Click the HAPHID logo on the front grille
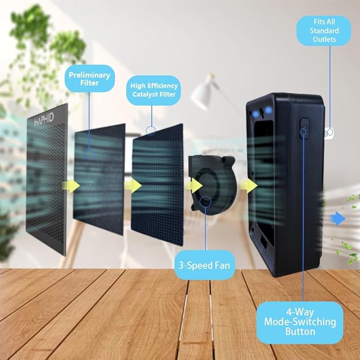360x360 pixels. point(44,119)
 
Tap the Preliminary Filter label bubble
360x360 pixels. point(90,78)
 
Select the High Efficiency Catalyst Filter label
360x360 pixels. point(154,90)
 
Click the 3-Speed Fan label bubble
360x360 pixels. point(205,265)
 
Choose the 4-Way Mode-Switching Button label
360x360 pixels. point(300,322)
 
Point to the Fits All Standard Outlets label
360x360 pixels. point(324,31)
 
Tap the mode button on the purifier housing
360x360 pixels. point(304,128)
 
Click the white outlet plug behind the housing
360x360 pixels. point(329,133)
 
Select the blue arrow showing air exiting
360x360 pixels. point(338,218)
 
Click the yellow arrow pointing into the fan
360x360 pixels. point(194,186)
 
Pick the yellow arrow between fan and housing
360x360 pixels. point(249,186)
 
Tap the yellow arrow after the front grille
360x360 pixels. point(71,186)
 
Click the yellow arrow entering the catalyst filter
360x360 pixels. point(133,186)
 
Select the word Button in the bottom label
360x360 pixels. point(300,332)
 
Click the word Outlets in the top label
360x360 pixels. point(324,39)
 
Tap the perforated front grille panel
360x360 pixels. point(47,179)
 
